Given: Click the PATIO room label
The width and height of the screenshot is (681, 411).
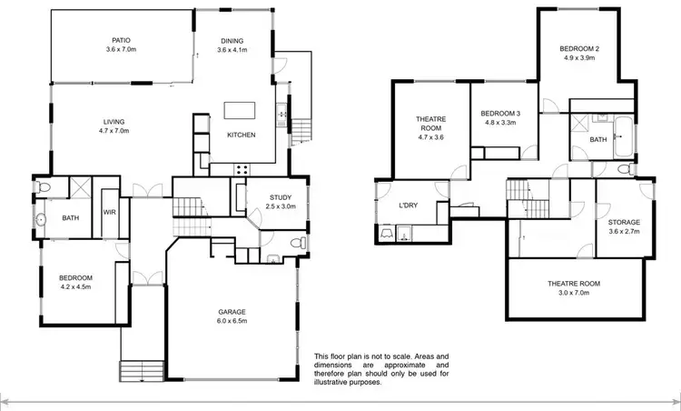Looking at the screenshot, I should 121,40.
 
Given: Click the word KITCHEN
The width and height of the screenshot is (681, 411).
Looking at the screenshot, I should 241,135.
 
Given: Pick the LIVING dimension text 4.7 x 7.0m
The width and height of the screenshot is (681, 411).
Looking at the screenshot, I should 113,132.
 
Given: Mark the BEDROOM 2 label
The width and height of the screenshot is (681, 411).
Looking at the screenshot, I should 581,48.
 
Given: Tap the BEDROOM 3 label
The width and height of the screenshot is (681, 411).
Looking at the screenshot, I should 500,113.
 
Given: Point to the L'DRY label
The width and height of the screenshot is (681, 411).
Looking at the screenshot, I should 409,205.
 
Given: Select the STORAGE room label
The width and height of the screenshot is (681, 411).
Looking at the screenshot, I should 624,222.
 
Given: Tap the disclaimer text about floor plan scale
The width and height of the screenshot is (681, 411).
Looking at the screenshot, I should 380,369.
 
